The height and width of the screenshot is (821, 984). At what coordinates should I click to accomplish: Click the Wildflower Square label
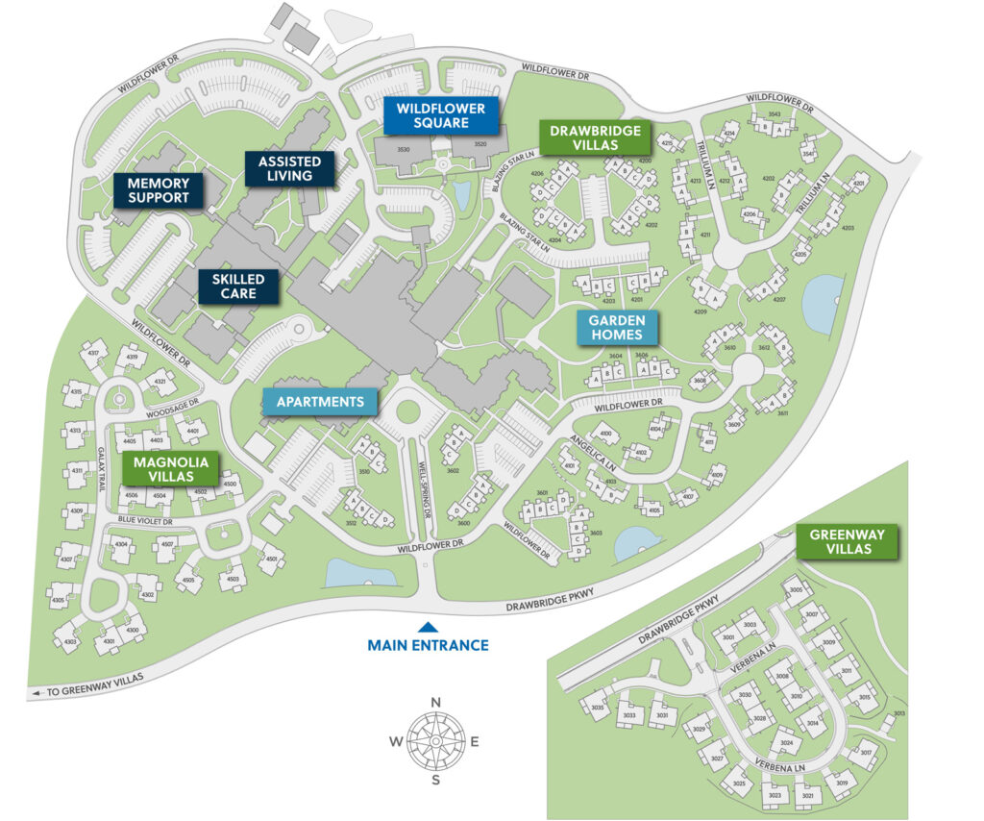pyautogui.click(x=441, y=115)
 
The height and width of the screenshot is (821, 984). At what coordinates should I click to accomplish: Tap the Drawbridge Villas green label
pyautogui.click(x=595, y=137)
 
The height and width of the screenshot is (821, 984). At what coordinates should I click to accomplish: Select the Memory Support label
pyautogui.click(x=159, y=190)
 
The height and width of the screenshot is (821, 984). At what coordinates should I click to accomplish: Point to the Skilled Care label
pyautogui.click(x=238, y=286)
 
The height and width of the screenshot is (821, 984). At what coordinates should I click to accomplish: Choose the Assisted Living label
pyautogui.click(x=289, y=168)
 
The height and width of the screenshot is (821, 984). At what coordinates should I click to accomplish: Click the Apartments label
pyautogui.click(x=321, y=401)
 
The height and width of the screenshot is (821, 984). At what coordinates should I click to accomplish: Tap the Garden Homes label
pyautogui.click(x=618, y=328)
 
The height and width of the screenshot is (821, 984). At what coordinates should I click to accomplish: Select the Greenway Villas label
pyautogui.click(x=847, y=541)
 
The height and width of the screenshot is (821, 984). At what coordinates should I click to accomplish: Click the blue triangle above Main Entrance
pyautogui.click(x=428, y=626)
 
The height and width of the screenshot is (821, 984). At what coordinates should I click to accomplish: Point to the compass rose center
pyautogui.click(x=435, y=740)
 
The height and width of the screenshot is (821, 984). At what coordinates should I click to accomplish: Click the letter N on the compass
pyautogui.click(x=435, y=703)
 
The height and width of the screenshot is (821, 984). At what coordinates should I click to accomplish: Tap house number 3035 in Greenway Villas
pyautogui.click(x=598, y=710)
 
